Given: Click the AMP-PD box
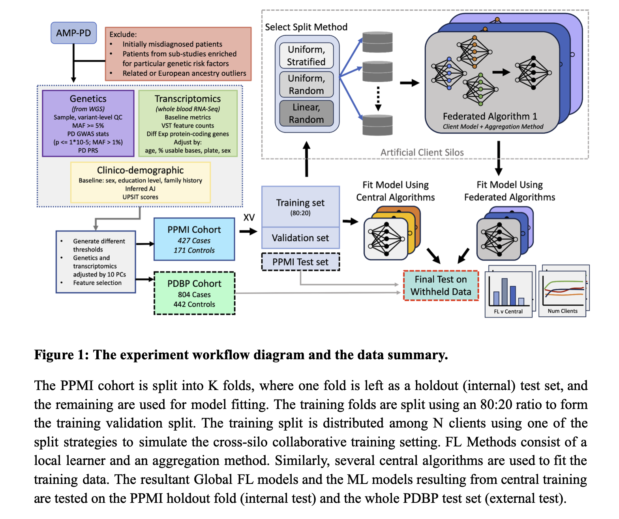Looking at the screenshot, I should (x=73, y=33).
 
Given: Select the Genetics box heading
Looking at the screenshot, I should (x=88, y=99).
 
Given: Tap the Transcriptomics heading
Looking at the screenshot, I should (x=188, y=99).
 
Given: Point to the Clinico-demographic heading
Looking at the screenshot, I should (x=140, y=170).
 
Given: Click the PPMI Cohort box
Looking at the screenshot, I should (x=194, y=239).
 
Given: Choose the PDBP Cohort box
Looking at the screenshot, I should (x=194, y=293).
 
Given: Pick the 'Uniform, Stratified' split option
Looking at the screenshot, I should (x=306, y=56).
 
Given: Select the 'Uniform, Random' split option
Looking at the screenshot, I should (x=306, y=84).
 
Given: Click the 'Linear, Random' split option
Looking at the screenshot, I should (x=306, y=113).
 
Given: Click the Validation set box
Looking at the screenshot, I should (x=300, y=238).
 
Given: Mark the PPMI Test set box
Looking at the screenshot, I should (x=300, y=262).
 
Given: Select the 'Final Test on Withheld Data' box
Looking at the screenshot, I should (x=441, y=286).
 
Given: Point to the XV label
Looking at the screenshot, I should (x=249, y=217).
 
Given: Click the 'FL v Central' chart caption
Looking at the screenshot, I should (x=508, y=312).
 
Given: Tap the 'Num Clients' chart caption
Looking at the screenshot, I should (x=563, y=311).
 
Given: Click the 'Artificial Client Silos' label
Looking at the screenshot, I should (x=422, y=152).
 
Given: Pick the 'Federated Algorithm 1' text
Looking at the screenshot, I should (x=490, y=116).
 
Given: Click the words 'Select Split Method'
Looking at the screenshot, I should (x=306, y=27).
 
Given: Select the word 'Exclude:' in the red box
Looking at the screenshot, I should (x=123, y=34).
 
